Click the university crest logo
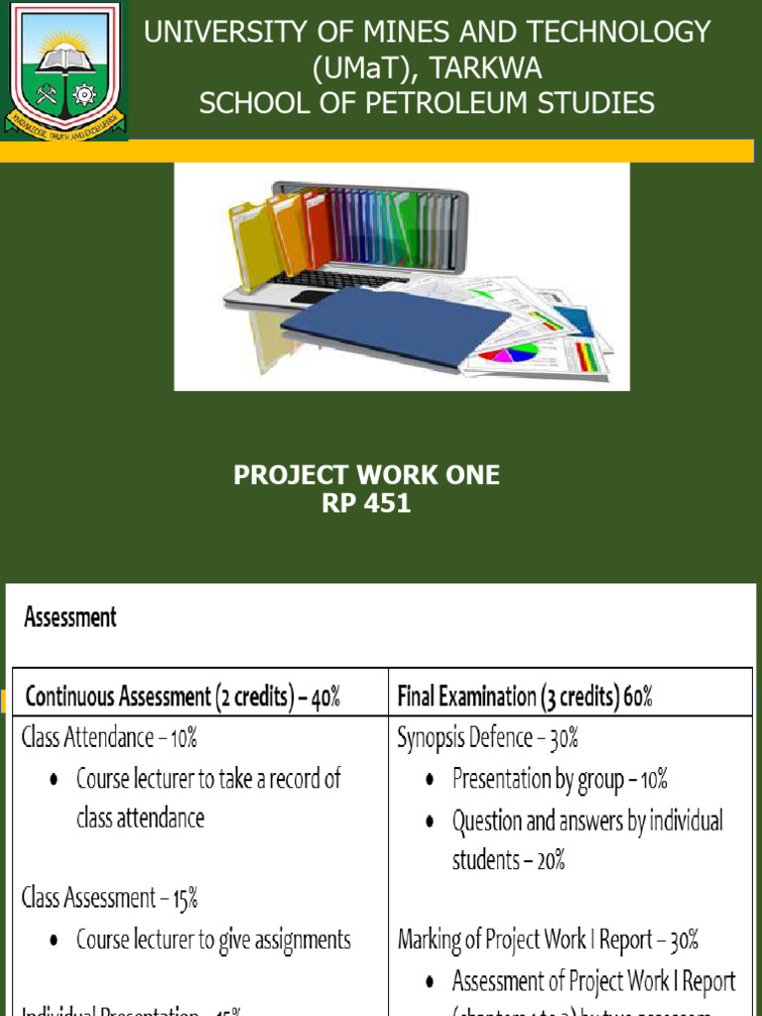pyautogui.click(x=64, y=69)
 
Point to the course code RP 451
pyautogui.click(x=366, y=503)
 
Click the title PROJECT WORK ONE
pyautogui.click(x=366, y=476)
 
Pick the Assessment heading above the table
pyautogui.click(x=70, y=617)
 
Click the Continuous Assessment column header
pyautogui.click(x=183, y=697)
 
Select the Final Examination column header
pyautogui.click(x=525, y=697)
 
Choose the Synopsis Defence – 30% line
pyautogui.click(x=487, y=738)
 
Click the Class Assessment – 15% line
pyautogui.click(x=110, y=898)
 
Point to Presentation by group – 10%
pyautogui.click(x=560, y=779)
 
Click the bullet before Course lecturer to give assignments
pyautogui.click(x=53, y=941)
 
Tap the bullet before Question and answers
pyautogui.click(x=429, y=823)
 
